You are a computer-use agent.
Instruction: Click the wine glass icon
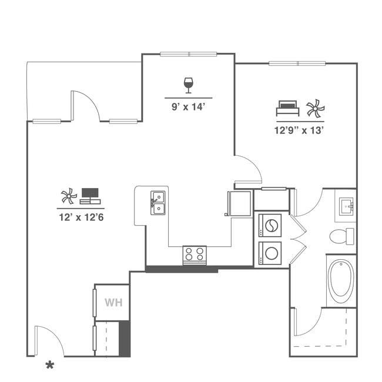point(189,85)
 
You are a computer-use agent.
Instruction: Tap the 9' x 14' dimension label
point(189,106)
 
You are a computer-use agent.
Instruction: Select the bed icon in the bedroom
point(287,109)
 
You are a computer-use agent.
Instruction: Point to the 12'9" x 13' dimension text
point(300,130)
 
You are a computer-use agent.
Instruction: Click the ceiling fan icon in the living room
point(69,196)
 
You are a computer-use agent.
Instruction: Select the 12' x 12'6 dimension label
point(81,217)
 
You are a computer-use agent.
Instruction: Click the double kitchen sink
point(158,202)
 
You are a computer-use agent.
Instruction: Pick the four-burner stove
point(195,254)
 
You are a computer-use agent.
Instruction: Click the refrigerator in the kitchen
point(239,203)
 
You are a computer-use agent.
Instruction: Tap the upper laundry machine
point(271,225)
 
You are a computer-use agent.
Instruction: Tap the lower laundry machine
point(271,253)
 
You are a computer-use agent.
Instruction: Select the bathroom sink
point(346,206)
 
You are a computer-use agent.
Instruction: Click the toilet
point(341,236)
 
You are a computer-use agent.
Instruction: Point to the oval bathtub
point(340,280)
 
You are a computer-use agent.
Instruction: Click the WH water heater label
point(113,303)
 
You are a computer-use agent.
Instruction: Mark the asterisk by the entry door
point(50,366)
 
